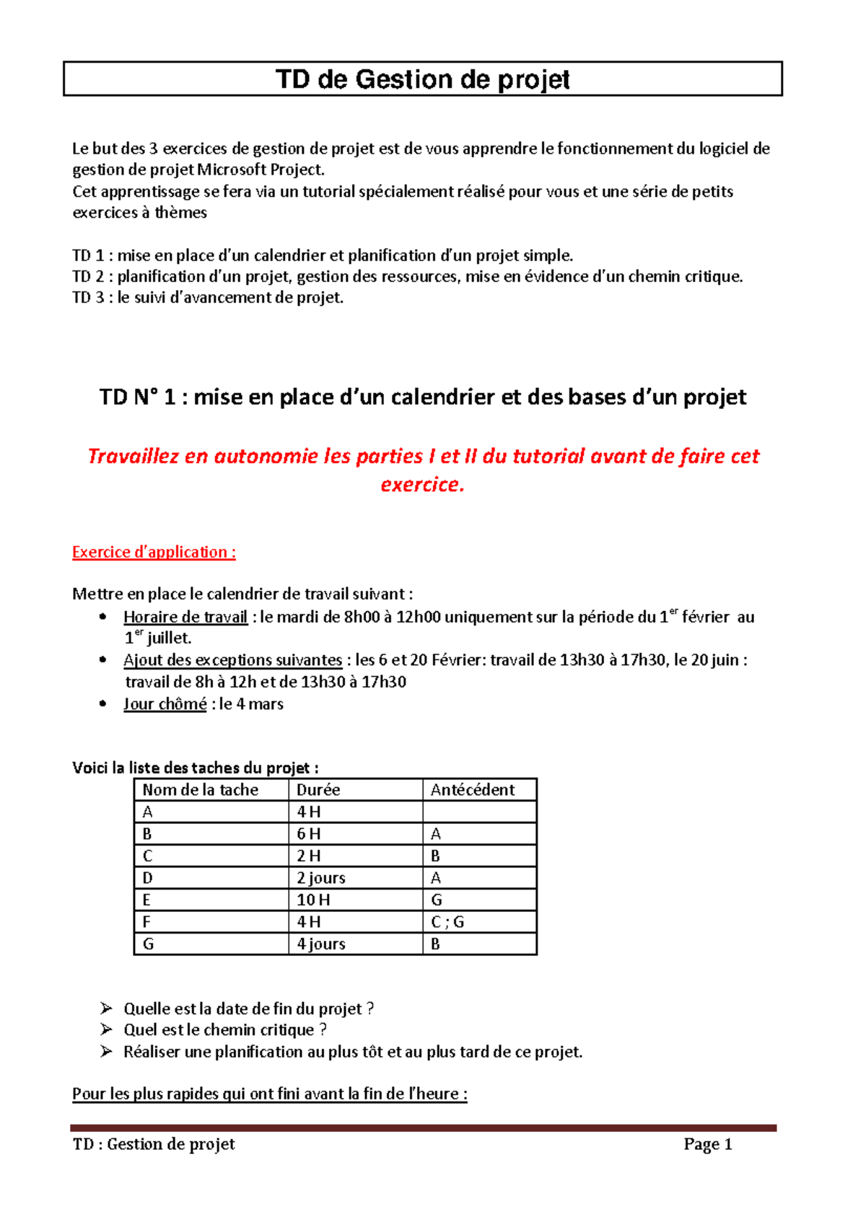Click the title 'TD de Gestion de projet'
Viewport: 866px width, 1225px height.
[423, 79]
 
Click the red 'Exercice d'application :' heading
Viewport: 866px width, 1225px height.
[154, 552]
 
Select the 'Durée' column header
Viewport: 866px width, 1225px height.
[318, 789]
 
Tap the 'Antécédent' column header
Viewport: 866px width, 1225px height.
[473, 789]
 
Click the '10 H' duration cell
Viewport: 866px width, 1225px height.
[313, 900]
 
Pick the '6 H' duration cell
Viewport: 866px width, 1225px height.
[309, 834]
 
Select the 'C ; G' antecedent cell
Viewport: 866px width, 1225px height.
[447, 922]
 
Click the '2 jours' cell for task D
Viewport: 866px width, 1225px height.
[321, 878]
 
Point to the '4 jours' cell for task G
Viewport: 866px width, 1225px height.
[321, 944]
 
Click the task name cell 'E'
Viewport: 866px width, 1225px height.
[147, 900]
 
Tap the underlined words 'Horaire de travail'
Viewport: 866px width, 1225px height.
[185, 617]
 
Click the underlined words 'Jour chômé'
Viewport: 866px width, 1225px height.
[165, 703]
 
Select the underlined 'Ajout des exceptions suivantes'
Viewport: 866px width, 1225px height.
[232, 659]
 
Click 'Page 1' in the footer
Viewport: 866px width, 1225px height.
[708, 1144]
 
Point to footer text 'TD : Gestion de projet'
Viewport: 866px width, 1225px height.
[154, 1144]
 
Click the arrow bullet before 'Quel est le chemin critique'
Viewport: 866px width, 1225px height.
[107, 1029]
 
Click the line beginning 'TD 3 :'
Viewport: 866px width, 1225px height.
[208, 297]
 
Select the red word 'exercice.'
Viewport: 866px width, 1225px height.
[423, 484]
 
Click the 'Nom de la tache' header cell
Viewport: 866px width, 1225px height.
[200, 789]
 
